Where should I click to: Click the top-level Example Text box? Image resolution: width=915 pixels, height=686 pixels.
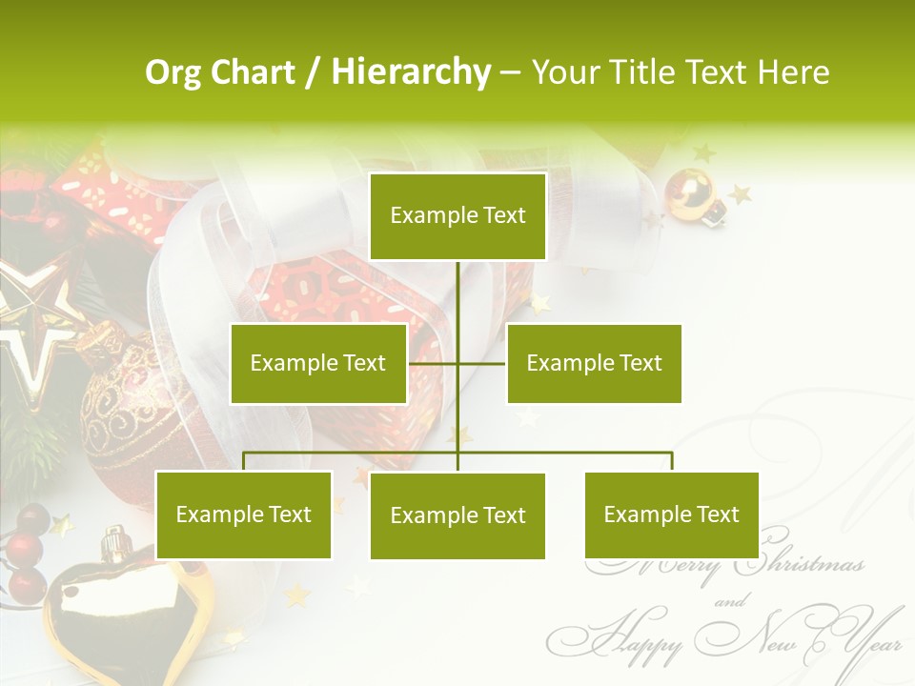(x=457, y=216)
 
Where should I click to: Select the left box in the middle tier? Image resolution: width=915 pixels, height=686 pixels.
(x=318, y=363)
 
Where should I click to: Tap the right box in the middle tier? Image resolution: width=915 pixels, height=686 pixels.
(x=594, y=363)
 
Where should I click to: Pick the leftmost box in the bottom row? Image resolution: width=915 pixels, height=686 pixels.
(x=244, y=515)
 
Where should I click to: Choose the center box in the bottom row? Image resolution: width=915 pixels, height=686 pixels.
(x=457, y=516)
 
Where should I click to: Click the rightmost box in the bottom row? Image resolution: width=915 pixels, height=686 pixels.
(x=671, y=515)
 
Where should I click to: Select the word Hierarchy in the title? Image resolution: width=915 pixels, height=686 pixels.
(x=411, y=72)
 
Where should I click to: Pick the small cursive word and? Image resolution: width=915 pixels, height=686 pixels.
(x=731, y=601)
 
